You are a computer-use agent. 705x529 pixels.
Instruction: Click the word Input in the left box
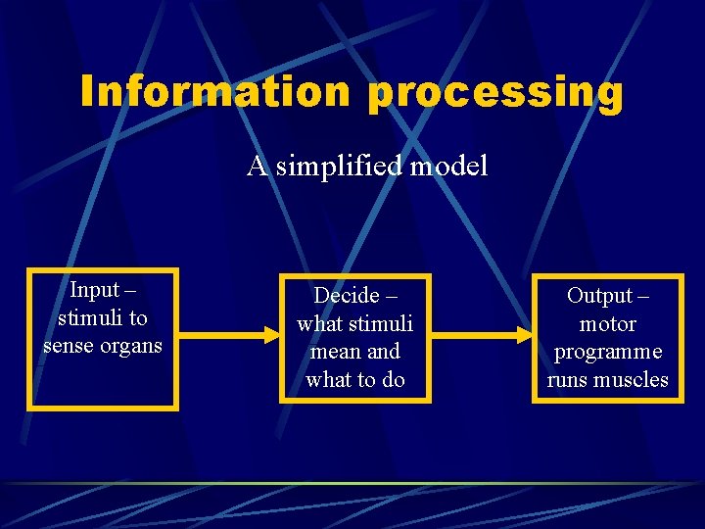94,290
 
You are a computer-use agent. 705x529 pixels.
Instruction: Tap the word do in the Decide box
393,379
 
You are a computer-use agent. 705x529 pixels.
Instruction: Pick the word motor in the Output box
607,323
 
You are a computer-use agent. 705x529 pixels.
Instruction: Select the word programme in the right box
607,352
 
